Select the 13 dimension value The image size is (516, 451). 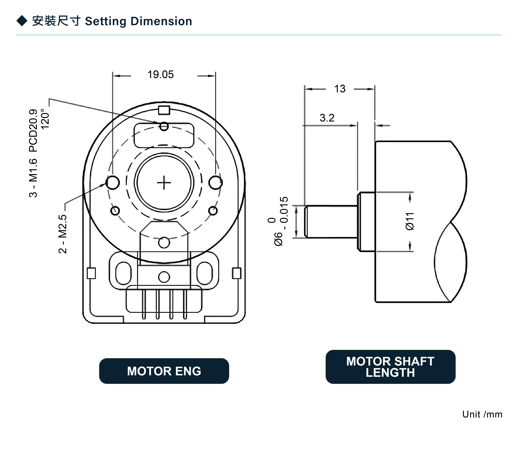tap(340, 89)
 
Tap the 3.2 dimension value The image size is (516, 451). tap(327, 118)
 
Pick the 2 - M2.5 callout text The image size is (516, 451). tap(63, 234)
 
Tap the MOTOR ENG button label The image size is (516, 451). tap(164, 371)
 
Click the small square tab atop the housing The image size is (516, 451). tap(164, 110)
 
